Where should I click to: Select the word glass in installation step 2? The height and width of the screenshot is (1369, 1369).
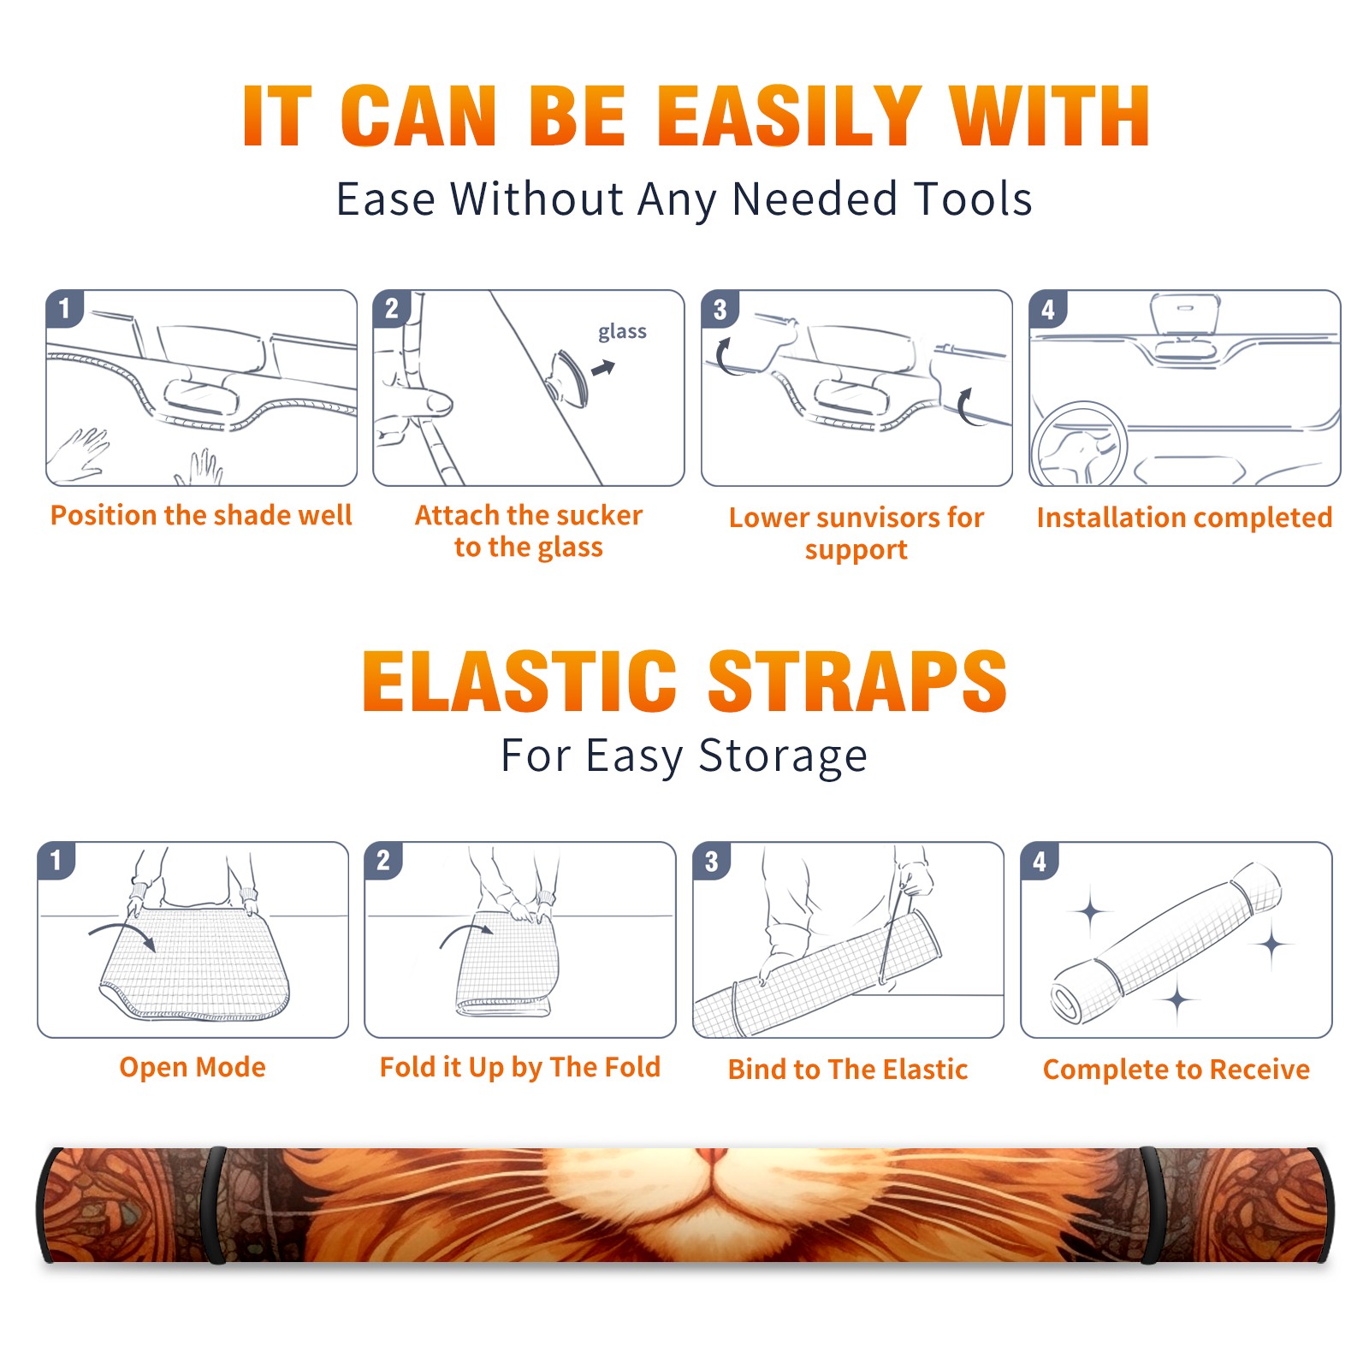(x=622, y=332)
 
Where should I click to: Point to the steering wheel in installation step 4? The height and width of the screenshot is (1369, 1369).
(x=1080, y=444)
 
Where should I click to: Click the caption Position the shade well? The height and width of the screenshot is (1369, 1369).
(x=201, y=515)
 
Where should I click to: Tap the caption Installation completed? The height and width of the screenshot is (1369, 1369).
(x=1184, y=518)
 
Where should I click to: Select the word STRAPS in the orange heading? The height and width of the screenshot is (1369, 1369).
(x=857, y=681)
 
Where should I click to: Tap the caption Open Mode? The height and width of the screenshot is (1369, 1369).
(x=193, y=1067)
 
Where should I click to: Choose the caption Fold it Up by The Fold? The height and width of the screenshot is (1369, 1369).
(x=520, y=1067)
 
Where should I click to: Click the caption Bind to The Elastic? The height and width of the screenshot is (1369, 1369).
(x=848, y=1070)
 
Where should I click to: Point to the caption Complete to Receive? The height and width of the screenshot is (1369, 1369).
(x=1176, y=1070)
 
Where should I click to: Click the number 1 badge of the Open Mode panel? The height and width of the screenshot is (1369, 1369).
(x=56, y=860)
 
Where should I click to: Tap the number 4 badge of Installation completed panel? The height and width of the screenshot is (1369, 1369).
(x=1048, y=309)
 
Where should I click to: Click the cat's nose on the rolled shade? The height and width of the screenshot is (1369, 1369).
(x=712, y=1157)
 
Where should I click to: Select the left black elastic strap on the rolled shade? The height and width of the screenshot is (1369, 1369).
(x=213, y=1205)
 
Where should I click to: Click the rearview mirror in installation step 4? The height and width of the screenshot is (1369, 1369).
(x=1185, y=315)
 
